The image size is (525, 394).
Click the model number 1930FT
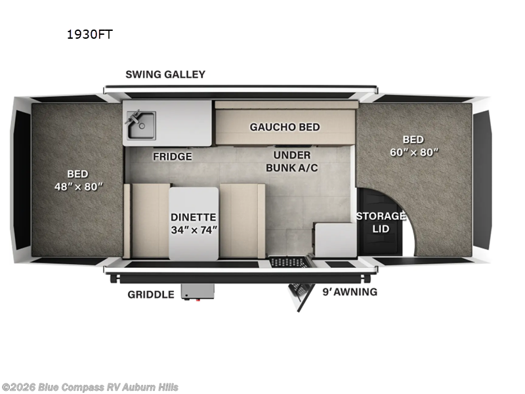pos(89,35)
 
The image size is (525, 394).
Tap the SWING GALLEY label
pos(165,74)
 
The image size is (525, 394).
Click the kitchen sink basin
pos(141,125)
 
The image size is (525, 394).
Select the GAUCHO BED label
pos(284,127)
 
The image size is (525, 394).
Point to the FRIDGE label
pos(173,156)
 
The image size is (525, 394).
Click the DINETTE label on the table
pos(194,217)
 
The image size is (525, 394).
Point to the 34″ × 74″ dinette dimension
pos(194,230)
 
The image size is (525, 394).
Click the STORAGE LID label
pos(381,222)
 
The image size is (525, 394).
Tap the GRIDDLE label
pos(151,294)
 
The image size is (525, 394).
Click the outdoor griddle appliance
pos(198,291)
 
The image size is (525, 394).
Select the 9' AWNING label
pos(350,292)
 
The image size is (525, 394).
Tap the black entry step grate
pos(289,262)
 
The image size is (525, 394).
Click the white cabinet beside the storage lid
pos(335,240)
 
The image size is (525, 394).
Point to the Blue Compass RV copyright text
pos(89,387)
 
